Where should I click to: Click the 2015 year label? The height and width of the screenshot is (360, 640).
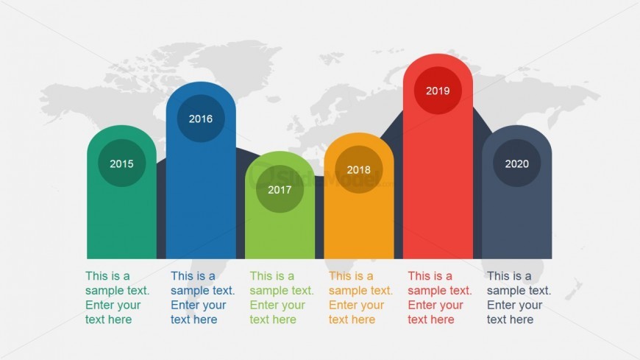tap(121, 164)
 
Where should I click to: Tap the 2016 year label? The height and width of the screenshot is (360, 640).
tap(201, 119)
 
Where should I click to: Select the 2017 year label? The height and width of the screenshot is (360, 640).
tap(280, 190)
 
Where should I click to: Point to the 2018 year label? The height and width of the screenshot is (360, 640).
tap(359, 169)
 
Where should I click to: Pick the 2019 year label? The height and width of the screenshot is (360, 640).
tap(438, 91)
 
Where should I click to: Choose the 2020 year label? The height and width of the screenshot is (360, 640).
tap(516, 164)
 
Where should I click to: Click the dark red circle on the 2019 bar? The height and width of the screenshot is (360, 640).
tap(438, 91)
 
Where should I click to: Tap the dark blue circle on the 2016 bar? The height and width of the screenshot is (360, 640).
tap(201, 119)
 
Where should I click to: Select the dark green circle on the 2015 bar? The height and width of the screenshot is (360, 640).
tap(121, 163)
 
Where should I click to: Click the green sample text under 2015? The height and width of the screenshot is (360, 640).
tap(117, 298)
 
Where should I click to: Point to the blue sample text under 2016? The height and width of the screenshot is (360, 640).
tap(202, 298)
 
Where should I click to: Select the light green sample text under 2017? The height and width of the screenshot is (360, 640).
tap(282, 298)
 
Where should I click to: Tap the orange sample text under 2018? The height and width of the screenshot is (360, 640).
tap(360, 298)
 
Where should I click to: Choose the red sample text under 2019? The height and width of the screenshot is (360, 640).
tap(440, 298)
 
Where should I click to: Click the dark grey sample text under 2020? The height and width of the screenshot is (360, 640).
tap(519, 298)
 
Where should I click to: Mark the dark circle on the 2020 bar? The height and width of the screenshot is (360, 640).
tap(516, 163)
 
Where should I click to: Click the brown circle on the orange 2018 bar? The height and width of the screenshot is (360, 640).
tap(359, 169)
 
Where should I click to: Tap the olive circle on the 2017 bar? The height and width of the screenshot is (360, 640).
tap(280, 189)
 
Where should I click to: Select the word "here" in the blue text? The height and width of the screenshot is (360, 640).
tap(207, 320)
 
